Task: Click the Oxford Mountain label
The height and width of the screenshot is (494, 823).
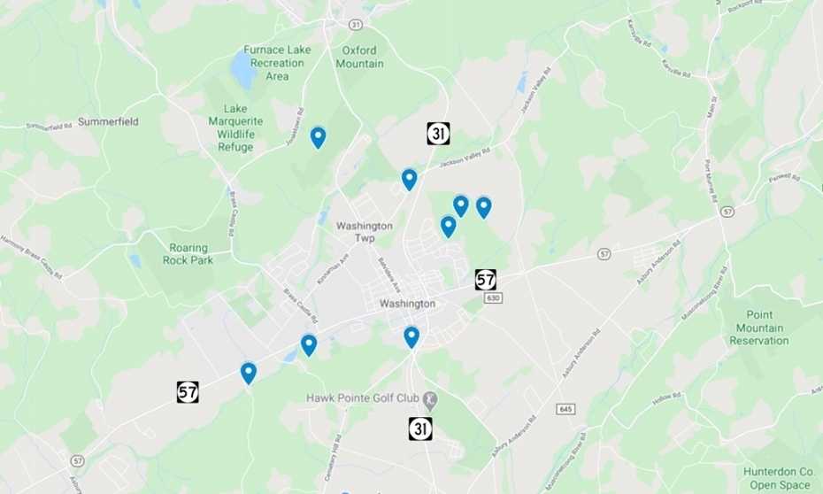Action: coord(359,57)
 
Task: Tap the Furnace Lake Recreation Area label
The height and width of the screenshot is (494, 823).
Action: coord(277,63)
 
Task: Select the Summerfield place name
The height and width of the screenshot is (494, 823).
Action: coord(108,121)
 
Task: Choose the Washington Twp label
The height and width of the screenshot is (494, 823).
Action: coord(364,232)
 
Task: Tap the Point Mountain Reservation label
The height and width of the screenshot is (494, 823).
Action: coord(758,328)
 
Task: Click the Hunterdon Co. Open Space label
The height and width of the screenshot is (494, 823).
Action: coord(778,478)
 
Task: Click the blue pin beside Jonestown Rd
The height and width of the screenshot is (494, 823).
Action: coord(318,137)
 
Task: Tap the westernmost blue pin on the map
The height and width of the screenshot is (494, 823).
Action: coord(249,373)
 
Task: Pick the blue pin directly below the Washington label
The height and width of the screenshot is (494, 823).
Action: coord(411,336)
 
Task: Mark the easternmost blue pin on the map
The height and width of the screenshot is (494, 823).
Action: coord(483,207)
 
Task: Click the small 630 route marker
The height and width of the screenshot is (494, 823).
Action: coord(493,298)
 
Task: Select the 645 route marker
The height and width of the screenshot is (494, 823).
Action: coord(566,408)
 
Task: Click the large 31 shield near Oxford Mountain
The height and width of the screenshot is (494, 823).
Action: coord(438,134)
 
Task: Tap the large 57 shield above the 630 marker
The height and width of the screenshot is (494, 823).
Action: coord(485,280)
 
